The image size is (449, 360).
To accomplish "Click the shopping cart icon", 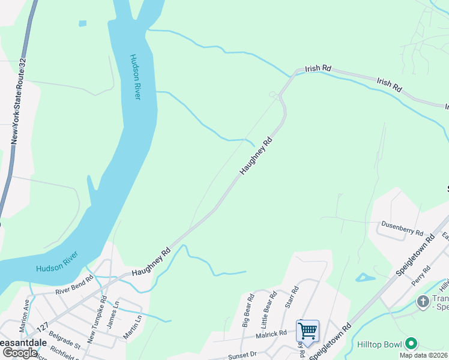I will (307, 329).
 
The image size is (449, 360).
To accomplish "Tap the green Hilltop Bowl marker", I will (411, 344).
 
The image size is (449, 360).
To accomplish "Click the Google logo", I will (20, 353).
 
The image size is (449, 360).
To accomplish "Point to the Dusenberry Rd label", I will (402, 228).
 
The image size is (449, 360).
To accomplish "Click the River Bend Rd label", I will (74, 284).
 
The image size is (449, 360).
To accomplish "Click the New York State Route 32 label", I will (18, 101).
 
